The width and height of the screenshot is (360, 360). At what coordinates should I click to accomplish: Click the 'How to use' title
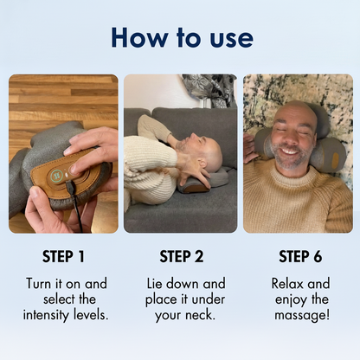pos(182,37)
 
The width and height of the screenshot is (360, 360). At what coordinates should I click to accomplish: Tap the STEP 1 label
pos(63,256)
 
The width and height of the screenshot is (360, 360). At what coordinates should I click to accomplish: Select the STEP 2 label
pos(181,256)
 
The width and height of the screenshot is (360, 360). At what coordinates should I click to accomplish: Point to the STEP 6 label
pos(300,256)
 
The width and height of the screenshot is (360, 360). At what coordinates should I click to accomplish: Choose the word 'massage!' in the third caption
pos(300,313)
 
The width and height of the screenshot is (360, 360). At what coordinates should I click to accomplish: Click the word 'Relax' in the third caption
pos(288,284)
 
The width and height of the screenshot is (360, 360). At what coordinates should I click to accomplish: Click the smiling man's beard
pos(292,157)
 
